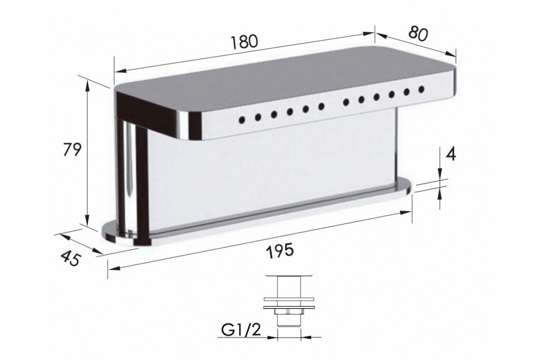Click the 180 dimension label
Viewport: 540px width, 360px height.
244,42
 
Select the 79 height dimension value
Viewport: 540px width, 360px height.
72,149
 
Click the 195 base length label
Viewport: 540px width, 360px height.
279,250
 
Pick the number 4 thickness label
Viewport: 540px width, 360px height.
450,155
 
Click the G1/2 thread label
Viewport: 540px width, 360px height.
241,331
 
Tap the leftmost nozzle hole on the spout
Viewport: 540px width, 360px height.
242,120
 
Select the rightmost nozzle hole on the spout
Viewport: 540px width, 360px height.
421,89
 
